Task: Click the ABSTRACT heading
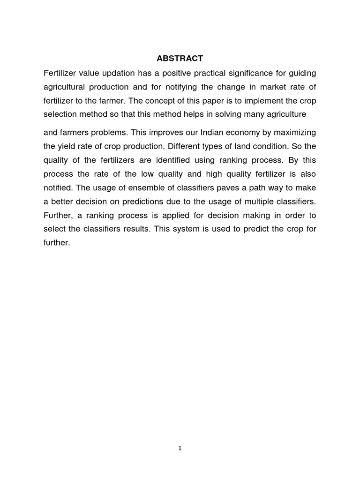[x=180, y=59]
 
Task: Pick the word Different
[x=179, y=146]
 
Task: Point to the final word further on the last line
[x=56, y=243]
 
